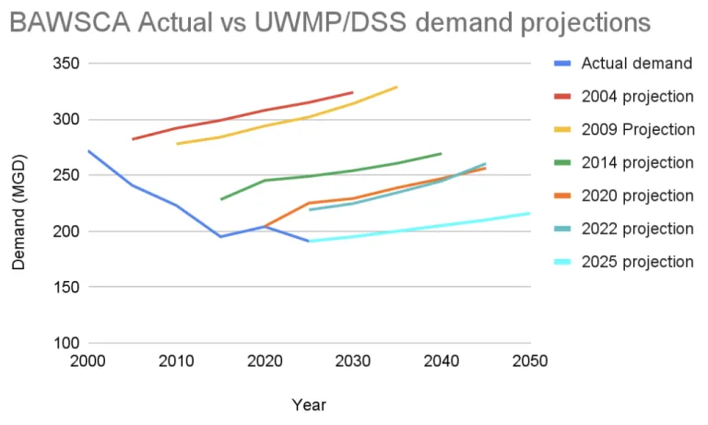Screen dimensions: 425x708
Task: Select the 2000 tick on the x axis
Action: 88,360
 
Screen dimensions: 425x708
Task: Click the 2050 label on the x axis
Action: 526,360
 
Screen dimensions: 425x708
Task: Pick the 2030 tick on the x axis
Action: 351,360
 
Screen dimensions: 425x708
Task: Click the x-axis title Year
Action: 308,405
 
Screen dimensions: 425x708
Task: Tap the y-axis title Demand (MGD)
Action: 19,212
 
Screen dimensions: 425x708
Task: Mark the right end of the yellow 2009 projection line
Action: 396,87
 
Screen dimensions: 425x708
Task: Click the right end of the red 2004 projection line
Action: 352,92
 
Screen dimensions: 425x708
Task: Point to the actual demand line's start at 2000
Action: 88,150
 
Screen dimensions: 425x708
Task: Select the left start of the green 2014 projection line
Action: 220,199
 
